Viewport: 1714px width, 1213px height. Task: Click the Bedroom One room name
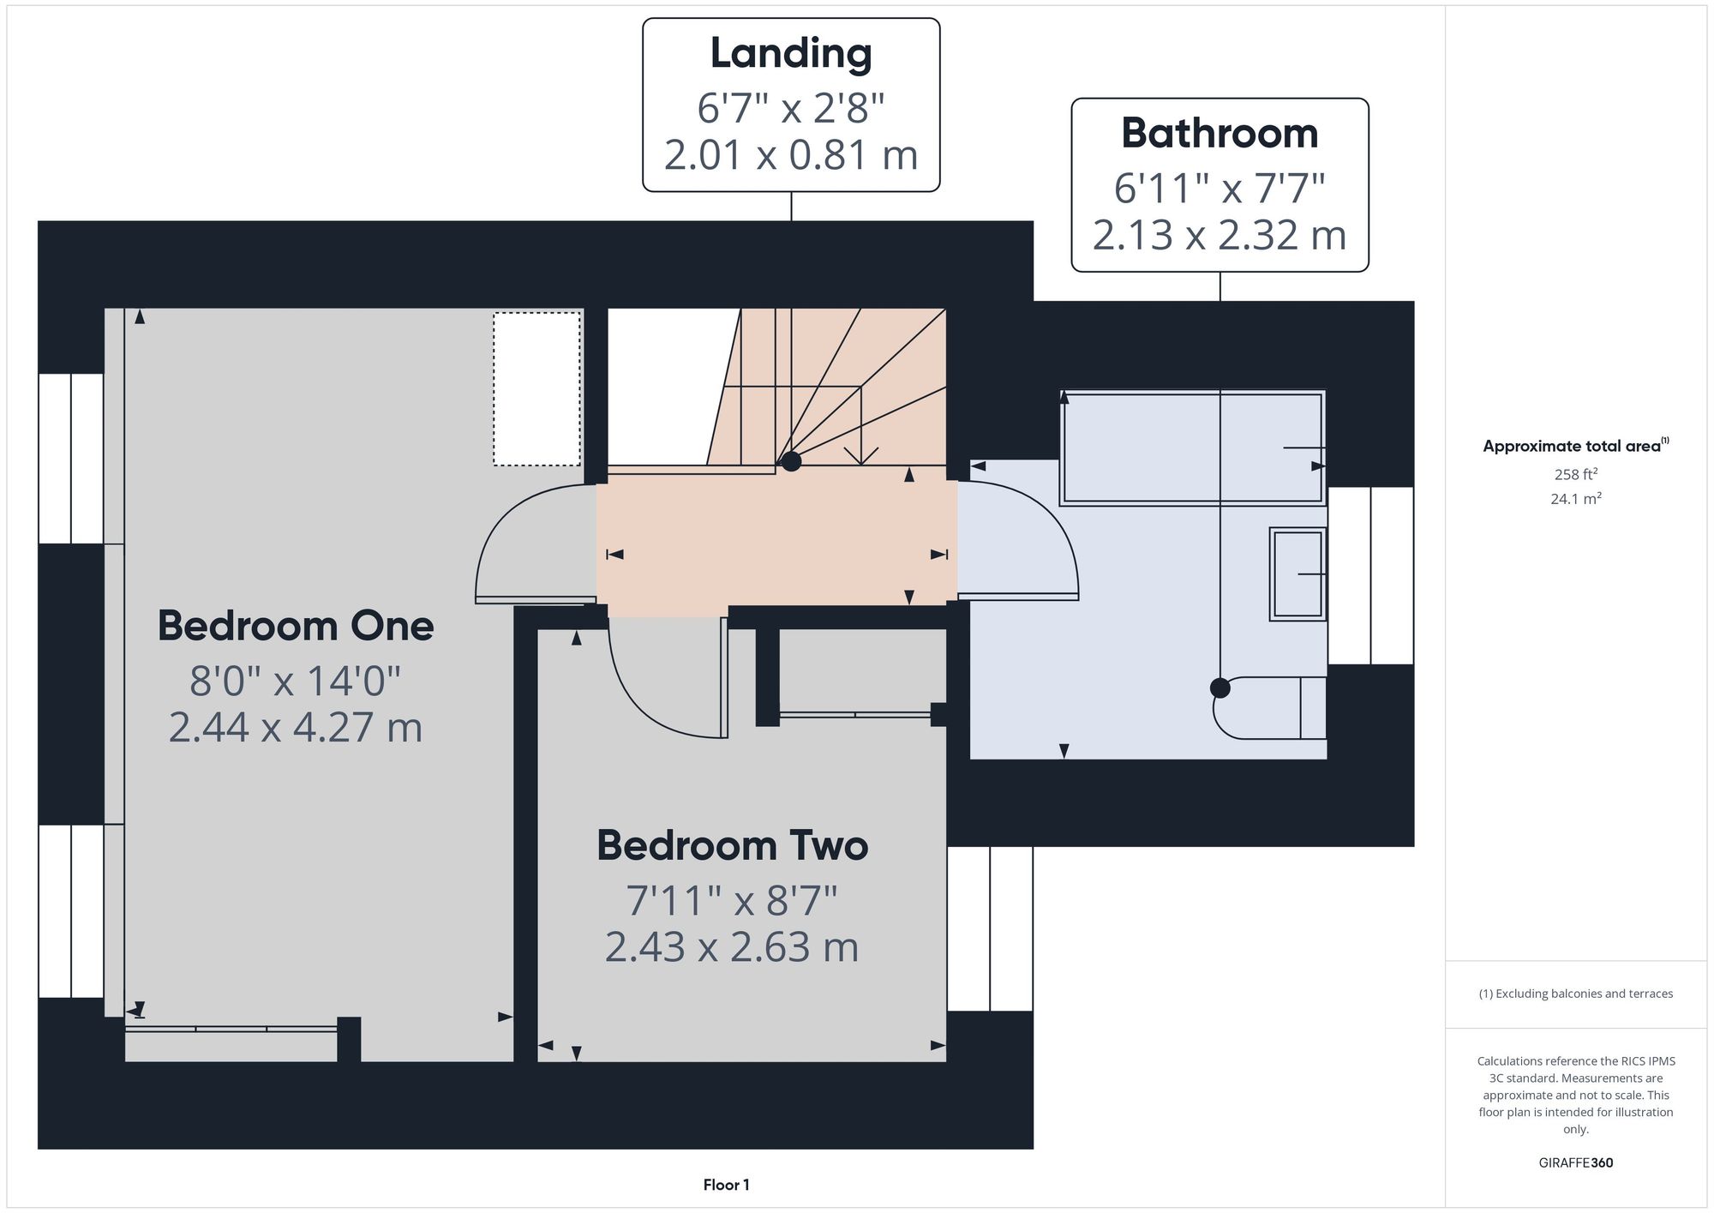tap(296, 626)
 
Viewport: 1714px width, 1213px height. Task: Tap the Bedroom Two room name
tap(733, 845)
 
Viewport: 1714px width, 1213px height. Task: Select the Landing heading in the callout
tap(791, 54)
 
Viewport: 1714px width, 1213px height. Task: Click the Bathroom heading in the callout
tap(1220, 133)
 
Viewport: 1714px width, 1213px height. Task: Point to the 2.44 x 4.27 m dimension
tap(296, 727)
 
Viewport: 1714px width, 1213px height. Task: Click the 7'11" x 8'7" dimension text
tap(732, 900)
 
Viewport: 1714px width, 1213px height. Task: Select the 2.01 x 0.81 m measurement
tap(791, 155)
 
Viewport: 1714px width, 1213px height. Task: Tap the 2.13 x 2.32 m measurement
tap(1220, 235)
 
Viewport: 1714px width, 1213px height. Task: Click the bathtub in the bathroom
tap(1193, 447)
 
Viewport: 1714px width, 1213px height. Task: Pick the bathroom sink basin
tap(1297, 573)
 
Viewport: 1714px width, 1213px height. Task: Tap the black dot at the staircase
tap(791, 461)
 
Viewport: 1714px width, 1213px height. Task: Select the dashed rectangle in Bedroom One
tap(536, 389)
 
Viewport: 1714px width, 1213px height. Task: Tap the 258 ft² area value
tap(1576, 474)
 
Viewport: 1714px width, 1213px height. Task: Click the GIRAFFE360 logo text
tap(1576, 1162)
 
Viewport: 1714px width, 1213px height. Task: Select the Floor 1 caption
tap(726, 1185)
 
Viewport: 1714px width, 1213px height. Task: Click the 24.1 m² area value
tap(1576, 499)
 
